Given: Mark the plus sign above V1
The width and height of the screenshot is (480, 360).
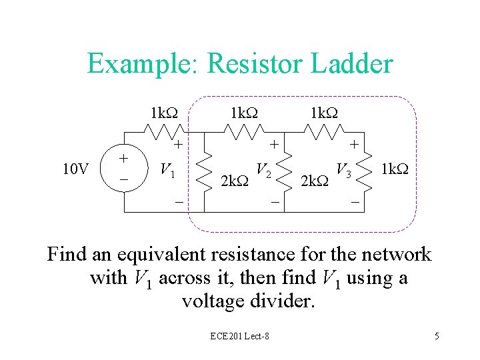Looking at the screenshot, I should coord(178,143).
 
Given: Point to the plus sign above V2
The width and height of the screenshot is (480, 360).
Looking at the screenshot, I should coord(273,143).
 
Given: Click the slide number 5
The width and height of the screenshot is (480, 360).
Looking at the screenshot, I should coord(437,336).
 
